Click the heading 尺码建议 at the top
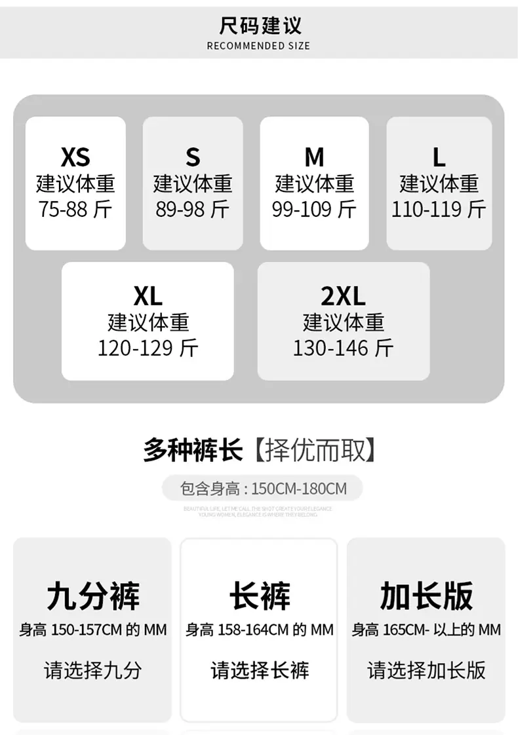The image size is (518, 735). (260, 26)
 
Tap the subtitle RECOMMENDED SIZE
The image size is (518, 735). (258, 46)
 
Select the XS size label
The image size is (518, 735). (75, 157)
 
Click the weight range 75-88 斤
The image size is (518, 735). (75, 210)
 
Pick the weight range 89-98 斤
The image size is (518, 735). (193, 210)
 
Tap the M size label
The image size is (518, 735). (314, 157)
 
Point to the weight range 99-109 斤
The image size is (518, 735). (314, 210)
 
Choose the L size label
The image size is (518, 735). (439, 157)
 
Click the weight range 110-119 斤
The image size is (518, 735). (439, 210)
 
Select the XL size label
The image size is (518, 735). (148, 297)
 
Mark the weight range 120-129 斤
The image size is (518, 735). (148, 348)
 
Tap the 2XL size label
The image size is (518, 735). (343, 297)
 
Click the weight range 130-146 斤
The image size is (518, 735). (343, 348)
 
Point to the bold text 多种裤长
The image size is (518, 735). (193, 451)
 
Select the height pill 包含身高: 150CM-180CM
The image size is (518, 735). (262, 488)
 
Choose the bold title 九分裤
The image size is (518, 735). (92, 595)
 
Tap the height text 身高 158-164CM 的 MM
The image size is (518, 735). (260, 630)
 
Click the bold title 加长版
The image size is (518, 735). (426, 595)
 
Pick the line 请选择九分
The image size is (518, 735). (92, 671)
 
